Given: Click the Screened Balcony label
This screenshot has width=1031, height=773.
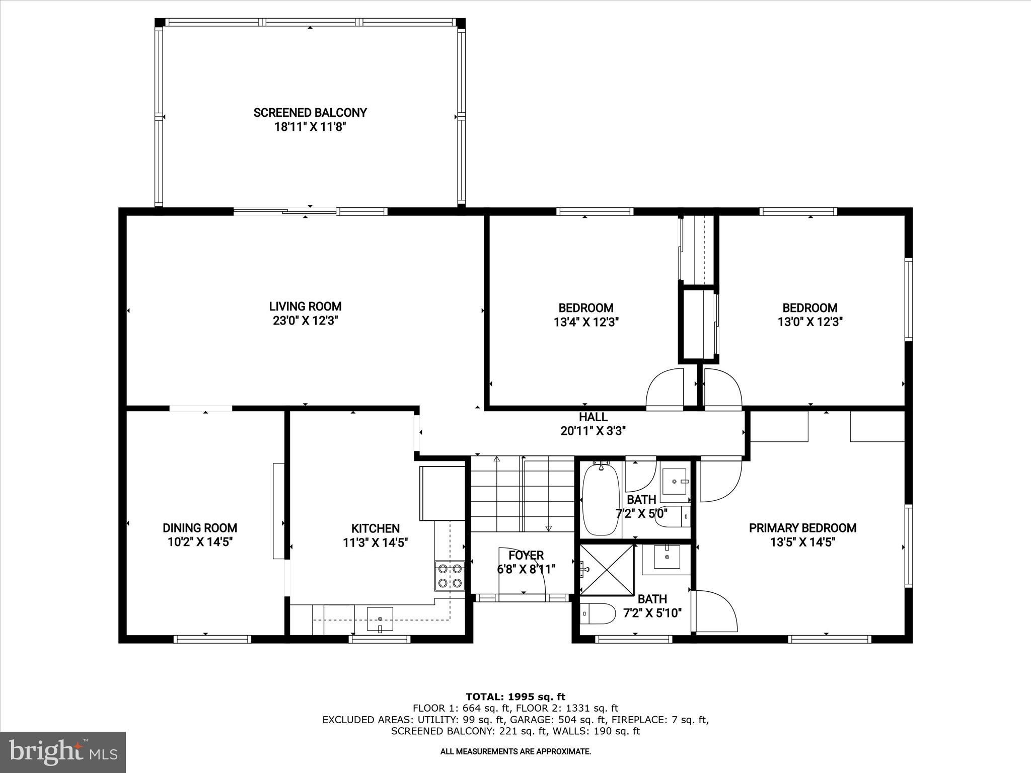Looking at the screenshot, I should click(x=310, y=113).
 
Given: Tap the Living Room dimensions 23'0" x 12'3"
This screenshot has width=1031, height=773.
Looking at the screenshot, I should click(x=305, y=321).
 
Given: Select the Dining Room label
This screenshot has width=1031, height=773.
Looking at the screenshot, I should click(x=199, y=528).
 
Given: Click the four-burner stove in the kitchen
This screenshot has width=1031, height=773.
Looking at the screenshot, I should click(x=450, y=576).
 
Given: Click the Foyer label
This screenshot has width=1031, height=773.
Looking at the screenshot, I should click(x=526, y=555).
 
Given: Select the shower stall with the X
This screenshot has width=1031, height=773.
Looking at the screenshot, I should click(x=607, y=570).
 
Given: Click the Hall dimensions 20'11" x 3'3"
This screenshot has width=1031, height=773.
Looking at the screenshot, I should click(x=593, y=431).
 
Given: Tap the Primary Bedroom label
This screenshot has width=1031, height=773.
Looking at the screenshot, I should click(x=802, y=528).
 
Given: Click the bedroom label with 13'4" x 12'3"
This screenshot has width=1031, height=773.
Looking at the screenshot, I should click(x=586, y=308).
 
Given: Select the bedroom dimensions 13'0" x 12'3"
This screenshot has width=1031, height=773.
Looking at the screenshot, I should click(x=810, y=322).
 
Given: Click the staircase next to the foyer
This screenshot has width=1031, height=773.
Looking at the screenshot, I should click(x=522, y=494).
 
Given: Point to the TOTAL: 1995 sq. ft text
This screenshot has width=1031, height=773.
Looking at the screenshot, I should click(x=515, y=697).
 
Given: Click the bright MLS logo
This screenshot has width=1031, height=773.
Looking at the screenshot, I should click(x=63, y=752).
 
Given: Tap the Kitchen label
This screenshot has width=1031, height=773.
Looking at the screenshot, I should click(x=376, y=528).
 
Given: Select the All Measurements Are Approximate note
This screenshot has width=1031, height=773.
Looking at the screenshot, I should click(x=515, y=752).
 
